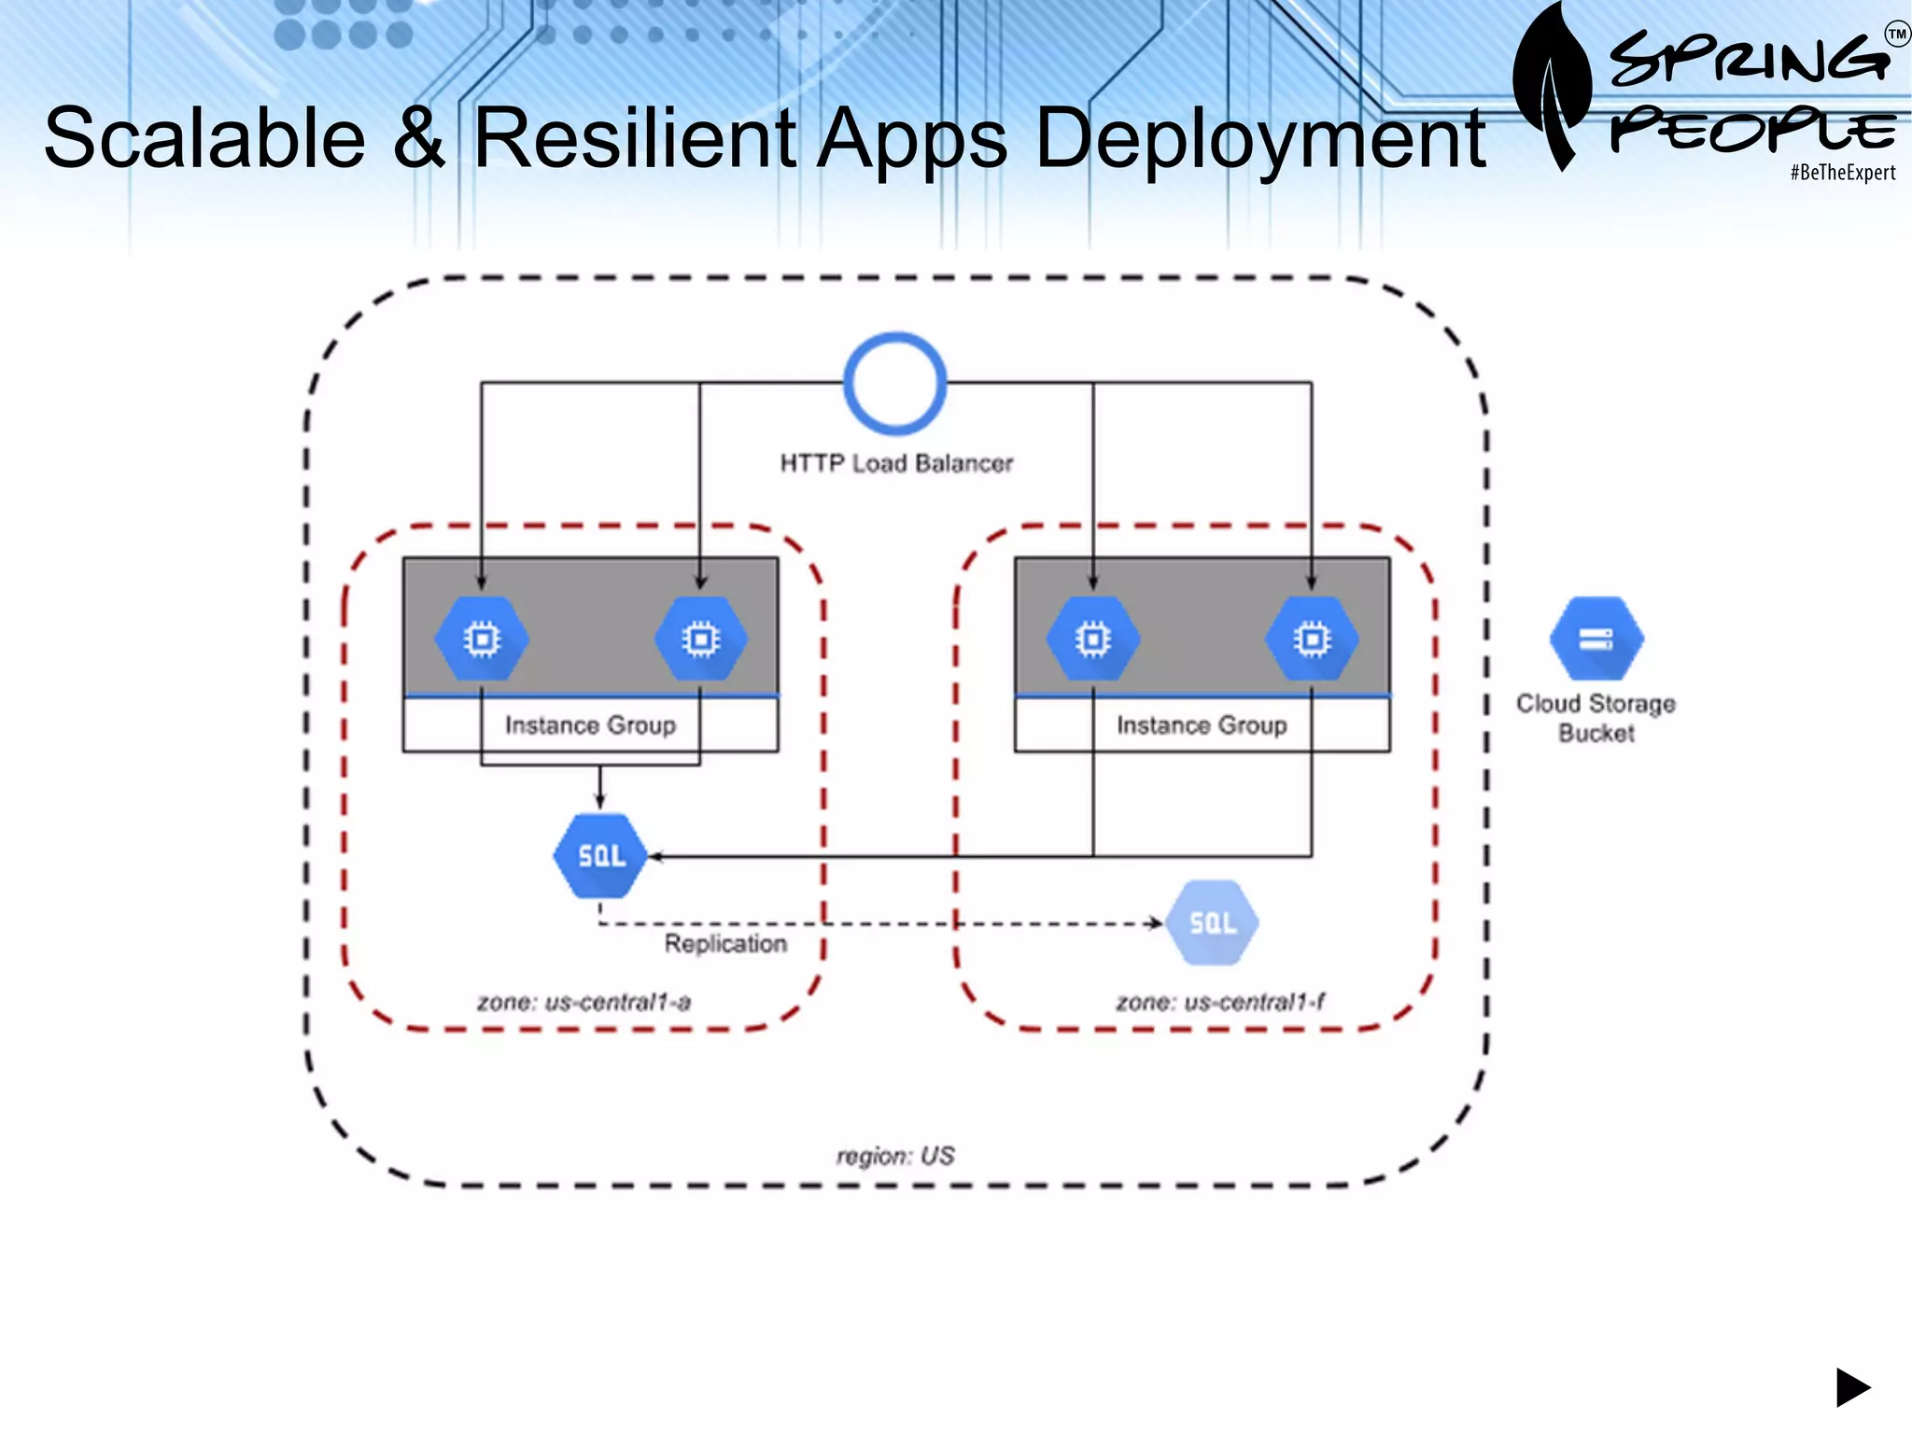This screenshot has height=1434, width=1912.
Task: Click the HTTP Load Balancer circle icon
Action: click(894, 384)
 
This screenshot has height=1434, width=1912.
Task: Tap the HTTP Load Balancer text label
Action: click(896, 463)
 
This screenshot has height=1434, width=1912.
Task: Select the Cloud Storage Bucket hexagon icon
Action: click(1596, 639)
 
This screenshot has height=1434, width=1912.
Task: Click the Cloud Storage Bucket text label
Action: click(1596, 717)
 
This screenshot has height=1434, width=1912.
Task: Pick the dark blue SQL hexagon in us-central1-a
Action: click(599, 856)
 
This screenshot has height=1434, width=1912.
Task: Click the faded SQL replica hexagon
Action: click(1212, 923)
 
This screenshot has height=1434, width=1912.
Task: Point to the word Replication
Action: click(725, 944)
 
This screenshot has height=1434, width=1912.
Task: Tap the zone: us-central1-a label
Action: click(583, 1003)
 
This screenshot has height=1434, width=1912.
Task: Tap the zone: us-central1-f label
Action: click(1220, 1003)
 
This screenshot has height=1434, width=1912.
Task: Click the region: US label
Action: click(895, 1156)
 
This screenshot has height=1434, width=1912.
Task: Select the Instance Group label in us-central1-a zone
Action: click(590, 725)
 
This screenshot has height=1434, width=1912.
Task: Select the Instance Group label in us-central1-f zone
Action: click(1202, 725)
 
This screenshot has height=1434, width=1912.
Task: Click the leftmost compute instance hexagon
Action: click(482, 640)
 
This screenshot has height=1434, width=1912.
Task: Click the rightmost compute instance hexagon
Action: click(1312, 640)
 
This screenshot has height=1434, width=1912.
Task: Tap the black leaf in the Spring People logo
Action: click(1551, 89)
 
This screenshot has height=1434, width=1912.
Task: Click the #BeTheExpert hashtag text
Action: click(1842, 173)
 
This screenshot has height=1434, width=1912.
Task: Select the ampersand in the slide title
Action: click(419, 138)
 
